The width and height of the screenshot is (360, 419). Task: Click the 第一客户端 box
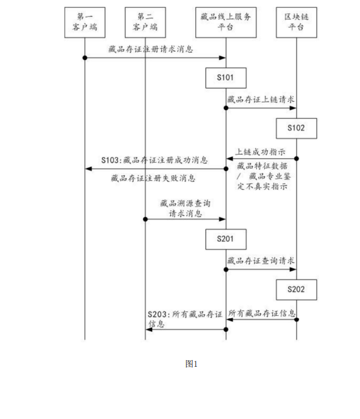(84, 22)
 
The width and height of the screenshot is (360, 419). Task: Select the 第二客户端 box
(145, 22)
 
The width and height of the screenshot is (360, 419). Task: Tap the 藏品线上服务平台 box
(226, 22)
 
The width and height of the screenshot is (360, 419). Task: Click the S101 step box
(226, 78)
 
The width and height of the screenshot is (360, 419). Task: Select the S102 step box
(297, 128)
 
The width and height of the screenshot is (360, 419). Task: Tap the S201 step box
(226, 239)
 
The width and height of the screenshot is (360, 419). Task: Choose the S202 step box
(297, 289)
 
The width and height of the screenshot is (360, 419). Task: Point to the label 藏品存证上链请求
(261, 99)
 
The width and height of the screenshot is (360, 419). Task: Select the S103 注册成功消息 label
(154, 161)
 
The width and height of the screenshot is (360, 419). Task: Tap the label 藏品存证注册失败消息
(153, 178)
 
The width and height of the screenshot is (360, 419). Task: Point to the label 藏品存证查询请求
(261, 261)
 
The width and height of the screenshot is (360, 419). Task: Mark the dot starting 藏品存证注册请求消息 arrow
(85, 58)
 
